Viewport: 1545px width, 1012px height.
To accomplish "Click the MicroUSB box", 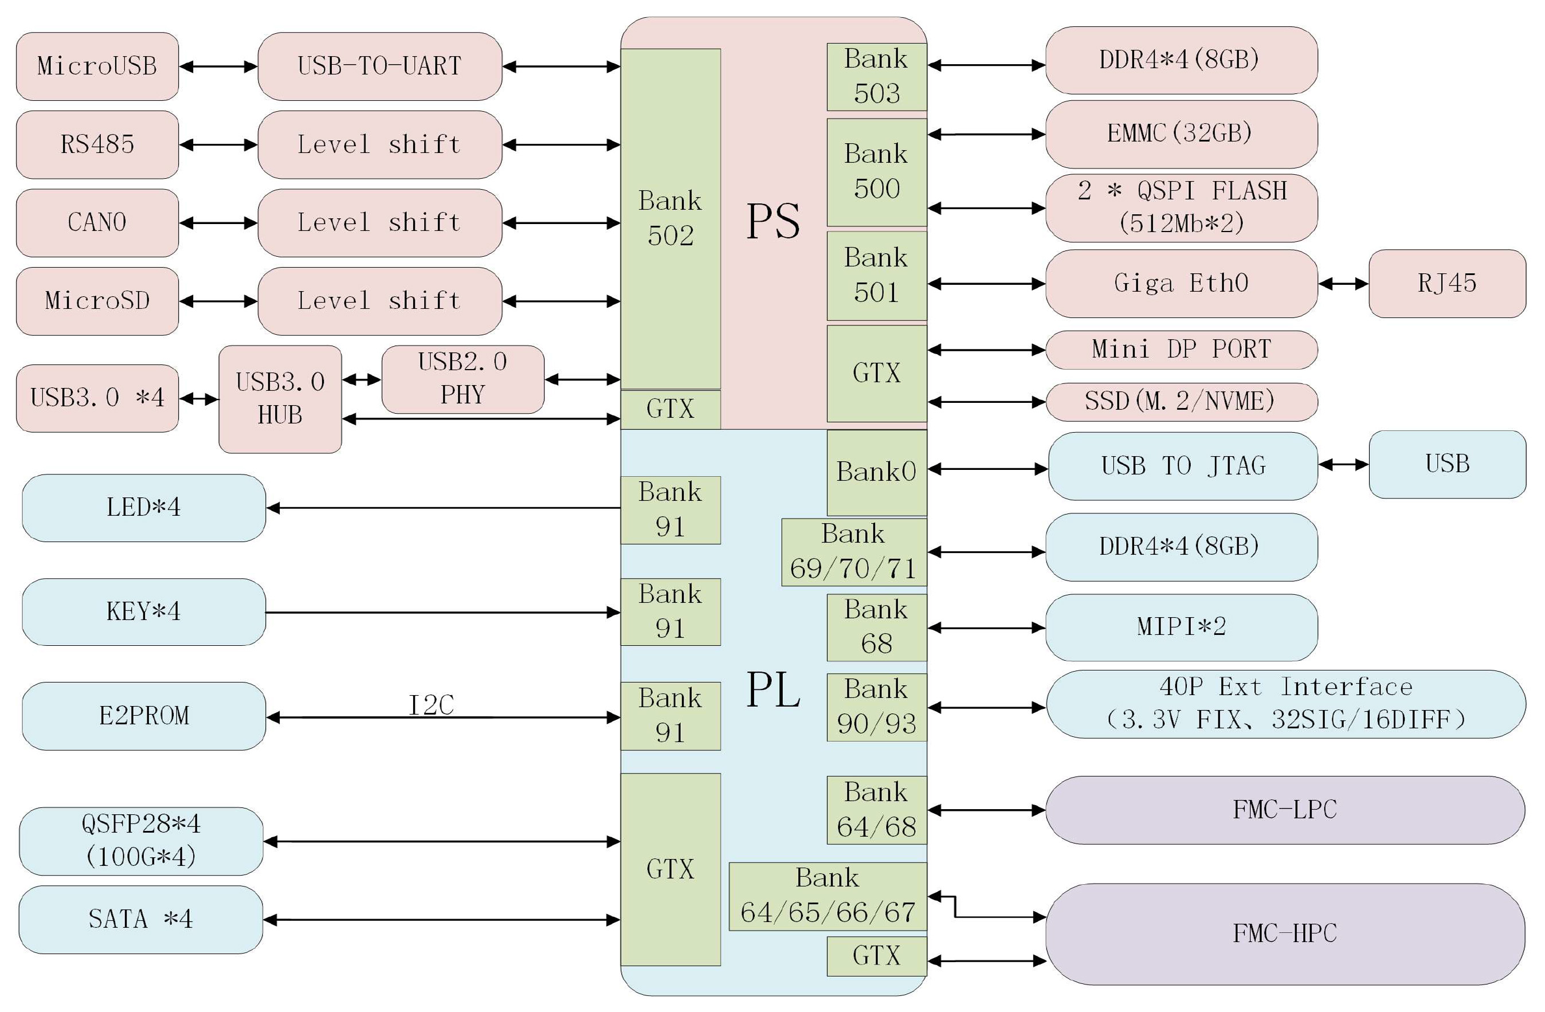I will (97, 66).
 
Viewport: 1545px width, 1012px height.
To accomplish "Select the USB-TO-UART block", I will (380, 66).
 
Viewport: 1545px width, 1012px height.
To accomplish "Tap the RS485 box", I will (97, 144).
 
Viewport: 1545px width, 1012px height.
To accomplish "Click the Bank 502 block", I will (670, 218).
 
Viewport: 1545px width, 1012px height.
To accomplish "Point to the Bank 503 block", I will (876, 77).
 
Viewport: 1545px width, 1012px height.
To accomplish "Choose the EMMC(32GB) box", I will (1182, 134).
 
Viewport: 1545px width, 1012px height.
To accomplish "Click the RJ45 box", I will (1447, 284).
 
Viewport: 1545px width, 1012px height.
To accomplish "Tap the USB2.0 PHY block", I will (463, 379).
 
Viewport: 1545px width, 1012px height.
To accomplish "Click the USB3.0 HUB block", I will (280, 399).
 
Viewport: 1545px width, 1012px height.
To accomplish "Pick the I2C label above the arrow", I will (431, 705).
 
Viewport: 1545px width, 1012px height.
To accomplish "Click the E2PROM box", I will (143, 716).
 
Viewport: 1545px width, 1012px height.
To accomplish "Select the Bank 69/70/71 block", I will (854, 552).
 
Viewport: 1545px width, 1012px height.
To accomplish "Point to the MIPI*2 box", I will (1182, 627).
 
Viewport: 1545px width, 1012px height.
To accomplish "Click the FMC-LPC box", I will (1285, 810).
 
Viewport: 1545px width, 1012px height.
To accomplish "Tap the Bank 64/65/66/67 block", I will (828, 896).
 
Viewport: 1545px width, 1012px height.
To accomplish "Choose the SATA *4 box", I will (140, 919).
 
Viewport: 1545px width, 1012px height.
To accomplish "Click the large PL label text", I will (772, 690).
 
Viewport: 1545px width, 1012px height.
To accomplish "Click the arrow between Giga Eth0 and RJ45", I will (1343, 284).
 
